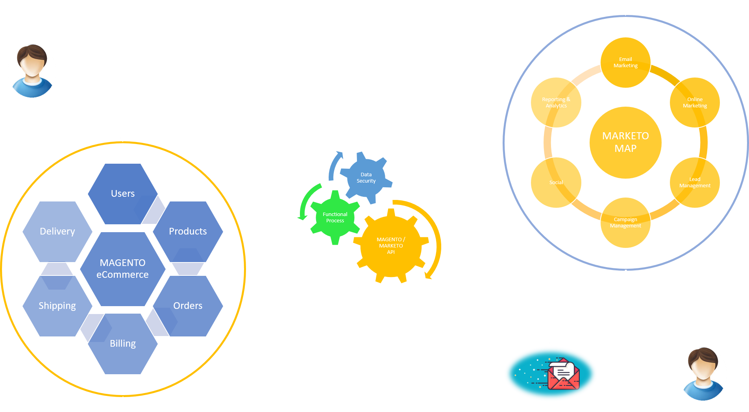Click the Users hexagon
click(122, 194)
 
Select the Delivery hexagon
click(57, 231)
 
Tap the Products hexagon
click(188, 231)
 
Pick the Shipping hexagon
click(57, 306)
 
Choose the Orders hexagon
click(188, 306)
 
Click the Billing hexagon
click(122, 344)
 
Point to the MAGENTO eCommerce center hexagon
click(122, 269)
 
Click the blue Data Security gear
click(366, 178)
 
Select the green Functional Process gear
click(335, 218)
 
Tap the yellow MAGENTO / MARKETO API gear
click(391, 246)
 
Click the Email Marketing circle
click(625, 63)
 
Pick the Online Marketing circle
click(695, 103)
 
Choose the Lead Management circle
click(695, 183)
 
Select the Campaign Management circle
click(625, 223)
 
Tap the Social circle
click(556, 183)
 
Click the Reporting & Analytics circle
click(556, 103)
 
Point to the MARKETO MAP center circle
click(625, 142)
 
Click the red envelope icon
click(564, 374)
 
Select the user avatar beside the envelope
click(703, 374)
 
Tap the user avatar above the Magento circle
click(32, 71)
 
